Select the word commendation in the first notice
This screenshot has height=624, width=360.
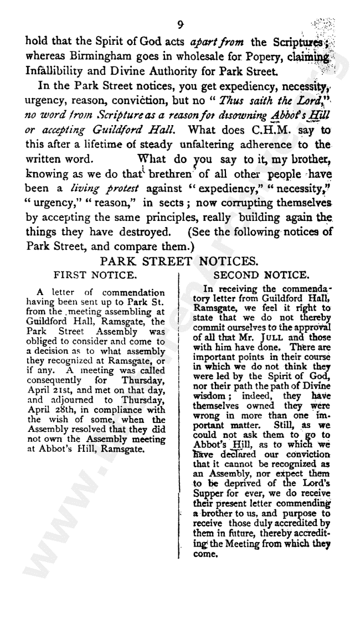[133, 292]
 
